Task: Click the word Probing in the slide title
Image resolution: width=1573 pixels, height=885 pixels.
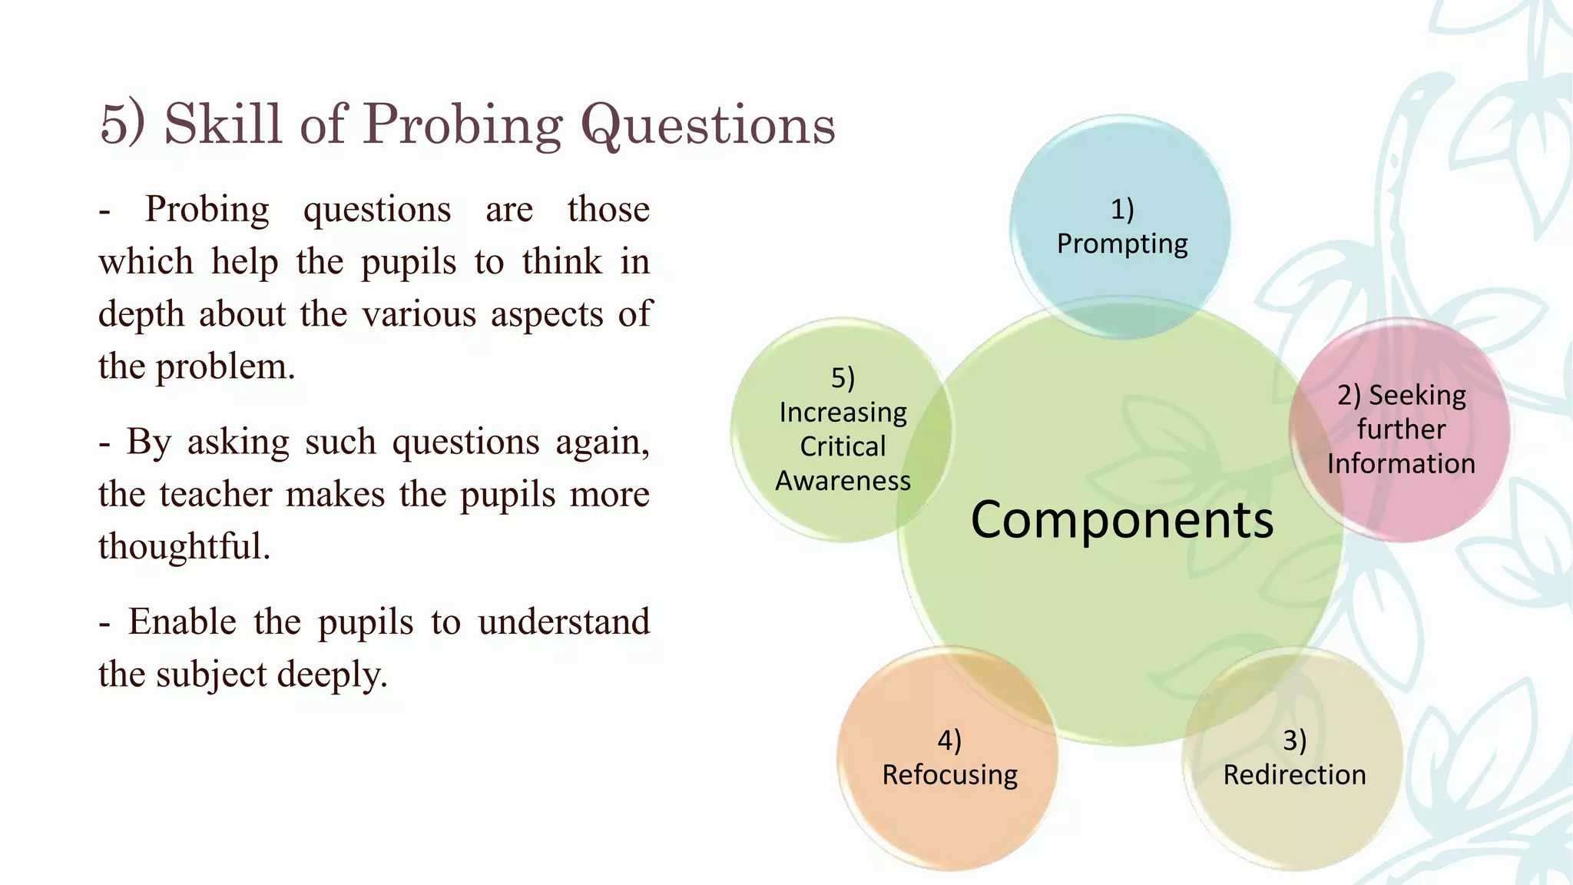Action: [463, 124]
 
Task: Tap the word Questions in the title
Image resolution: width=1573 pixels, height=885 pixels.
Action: [707, 124]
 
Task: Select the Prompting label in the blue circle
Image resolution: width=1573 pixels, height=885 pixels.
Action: [1122, 244]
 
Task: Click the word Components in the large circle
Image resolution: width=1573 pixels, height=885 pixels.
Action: [1122, 520]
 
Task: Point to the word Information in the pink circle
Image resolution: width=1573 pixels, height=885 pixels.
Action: [1401, 464]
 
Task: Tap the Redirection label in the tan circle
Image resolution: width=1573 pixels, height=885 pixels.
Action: [1294, 774]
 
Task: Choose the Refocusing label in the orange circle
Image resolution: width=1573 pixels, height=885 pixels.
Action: [949, 774]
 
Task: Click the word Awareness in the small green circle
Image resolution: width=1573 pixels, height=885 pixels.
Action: [843, 481]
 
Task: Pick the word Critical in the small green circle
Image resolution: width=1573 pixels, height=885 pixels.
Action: [843, 446]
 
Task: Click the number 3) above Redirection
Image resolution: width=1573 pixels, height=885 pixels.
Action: [1294, 740]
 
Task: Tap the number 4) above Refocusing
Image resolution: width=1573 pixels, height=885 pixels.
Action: [949, 740]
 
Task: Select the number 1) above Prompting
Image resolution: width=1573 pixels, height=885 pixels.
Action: [1122, 209]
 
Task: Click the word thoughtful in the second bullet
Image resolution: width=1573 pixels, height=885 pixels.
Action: [184, 546]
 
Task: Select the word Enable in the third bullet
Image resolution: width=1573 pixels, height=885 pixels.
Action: [182, 621]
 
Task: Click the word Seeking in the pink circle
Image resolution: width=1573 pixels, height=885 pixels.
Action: [1417, 395]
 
